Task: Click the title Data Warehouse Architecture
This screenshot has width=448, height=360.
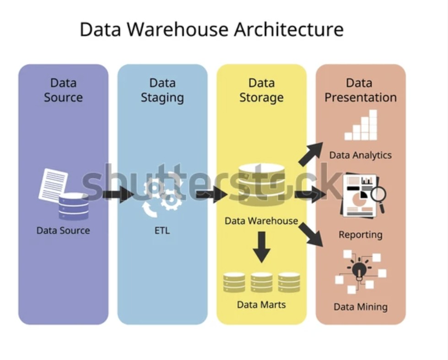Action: [x=211, y=30]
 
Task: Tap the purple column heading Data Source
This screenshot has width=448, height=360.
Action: [x=63, y=90]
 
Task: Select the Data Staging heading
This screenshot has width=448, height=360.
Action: [x=162, y=90]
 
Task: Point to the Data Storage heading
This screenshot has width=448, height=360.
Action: [x=261, y=90]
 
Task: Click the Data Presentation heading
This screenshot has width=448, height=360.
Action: [x=360, y=90]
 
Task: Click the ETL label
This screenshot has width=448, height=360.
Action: [x=162, y=231]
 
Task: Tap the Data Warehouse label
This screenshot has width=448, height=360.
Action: [x=261, y=221]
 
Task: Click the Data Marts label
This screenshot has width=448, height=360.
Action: [x=261, y=304]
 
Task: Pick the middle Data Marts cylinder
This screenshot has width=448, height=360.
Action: [x=261, y=283]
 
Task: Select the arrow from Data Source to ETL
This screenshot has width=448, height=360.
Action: [x=117, y=194]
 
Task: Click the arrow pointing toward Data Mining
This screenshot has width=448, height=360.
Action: [x=311, y=234]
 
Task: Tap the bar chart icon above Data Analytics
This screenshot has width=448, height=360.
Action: [x=361, y=125]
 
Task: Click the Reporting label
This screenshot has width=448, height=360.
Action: [x=360, y=235]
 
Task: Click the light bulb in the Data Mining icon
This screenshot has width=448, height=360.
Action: [x=359, y=270]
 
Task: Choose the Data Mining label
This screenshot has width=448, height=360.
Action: [x=360, y=306]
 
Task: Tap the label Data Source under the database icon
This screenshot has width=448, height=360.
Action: [x=63, y=231]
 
